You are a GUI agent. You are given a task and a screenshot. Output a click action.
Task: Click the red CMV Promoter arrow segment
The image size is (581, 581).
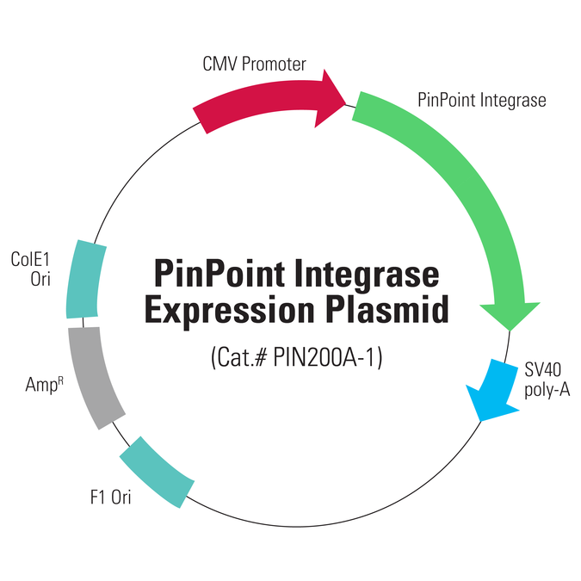pos(258,105)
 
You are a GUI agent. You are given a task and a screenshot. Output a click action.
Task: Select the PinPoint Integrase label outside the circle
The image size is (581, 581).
pos(482,100)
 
